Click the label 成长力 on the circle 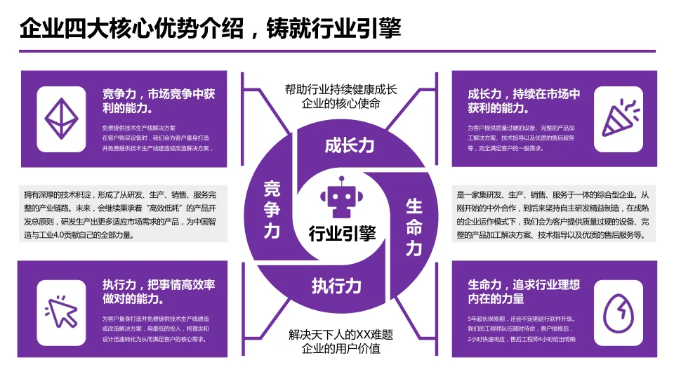349,145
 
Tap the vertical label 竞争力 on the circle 272,209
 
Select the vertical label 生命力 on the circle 414,227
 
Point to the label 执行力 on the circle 336,286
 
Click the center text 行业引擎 342,233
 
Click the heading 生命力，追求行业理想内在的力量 524,291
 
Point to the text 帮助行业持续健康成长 341,89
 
